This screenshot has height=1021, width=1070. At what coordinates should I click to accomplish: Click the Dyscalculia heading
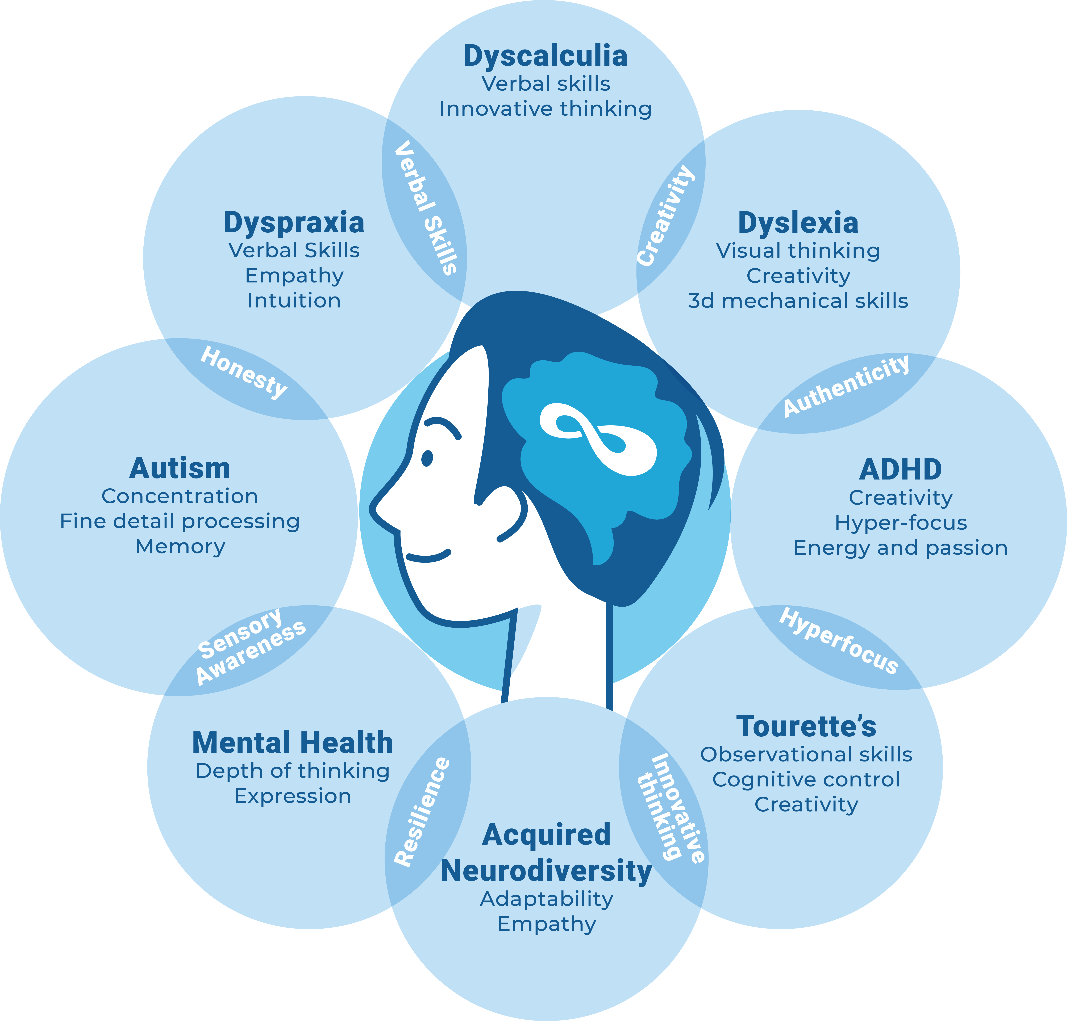[545, 56]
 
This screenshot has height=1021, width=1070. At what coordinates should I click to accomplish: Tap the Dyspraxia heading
[294, 223]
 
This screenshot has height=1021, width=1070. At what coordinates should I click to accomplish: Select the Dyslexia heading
[798, 223]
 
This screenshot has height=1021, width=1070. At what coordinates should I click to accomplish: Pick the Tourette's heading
[806, 726]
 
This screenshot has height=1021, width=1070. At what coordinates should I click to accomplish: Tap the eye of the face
[427, 458]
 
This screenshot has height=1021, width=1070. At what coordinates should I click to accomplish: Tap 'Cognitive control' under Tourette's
[806, 779]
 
